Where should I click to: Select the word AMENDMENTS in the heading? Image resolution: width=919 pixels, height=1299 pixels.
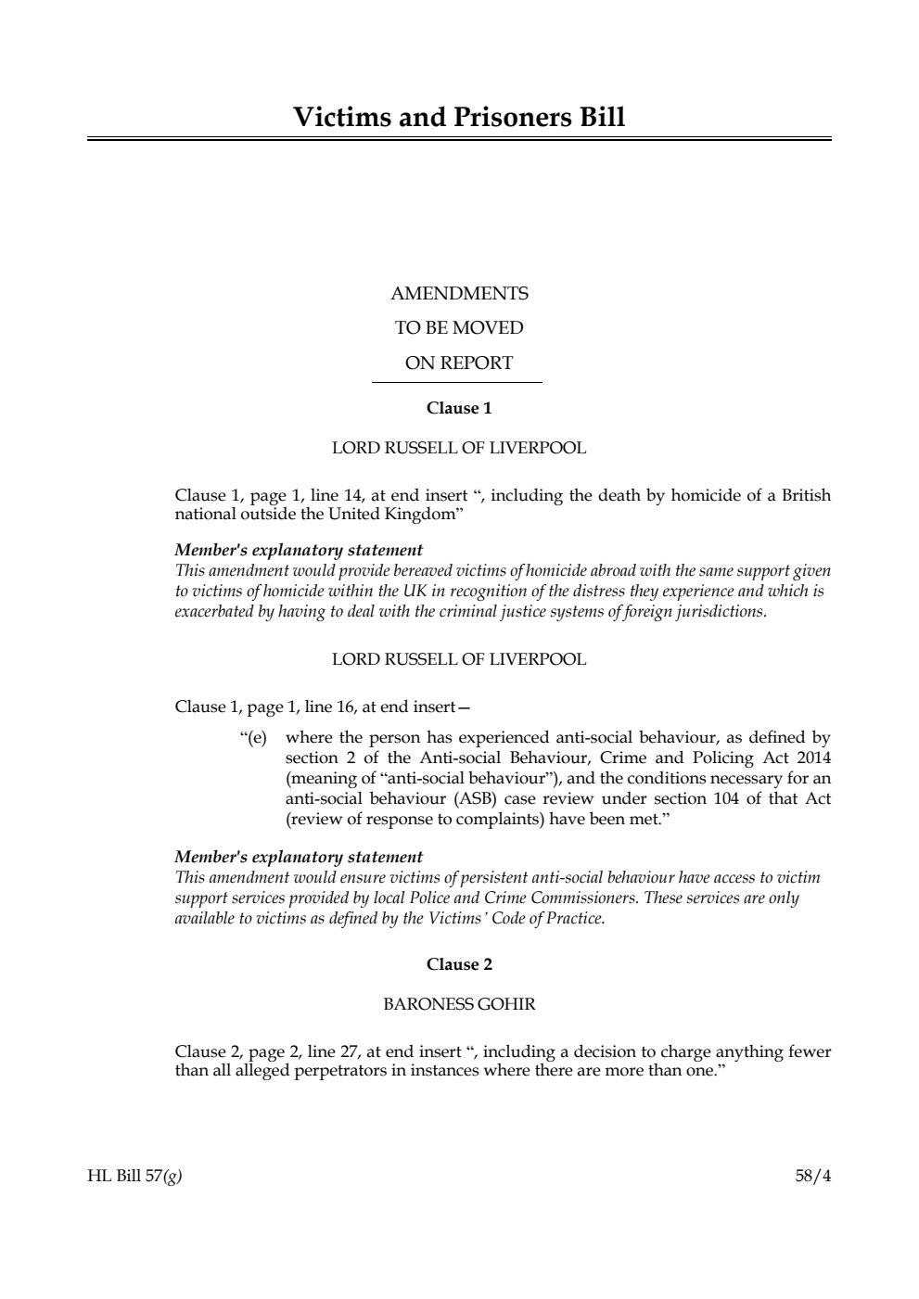[459, 294]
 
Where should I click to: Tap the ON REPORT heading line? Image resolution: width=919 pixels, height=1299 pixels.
[459, 363]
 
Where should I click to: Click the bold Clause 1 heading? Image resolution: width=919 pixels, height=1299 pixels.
[459, 408]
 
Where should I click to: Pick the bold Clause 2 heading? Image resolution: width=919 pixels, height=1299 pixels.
[459, 964]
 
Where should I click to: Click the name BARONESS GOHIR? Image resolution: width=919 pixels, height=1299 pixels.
[459, 1004]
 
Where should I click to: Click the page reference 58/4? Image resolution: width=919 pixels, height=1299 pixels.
[813, 1177]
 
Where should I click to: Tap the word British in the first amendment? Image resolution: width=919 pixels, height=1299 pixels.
[806, 495]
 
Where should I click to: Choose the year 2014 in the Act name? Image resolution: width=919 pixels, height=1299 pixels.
[813, 758]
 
